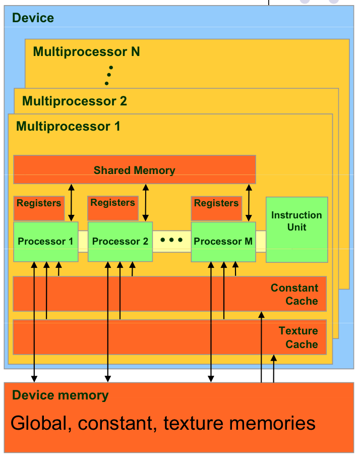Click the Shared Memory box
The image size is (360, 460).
(x=134, y=170)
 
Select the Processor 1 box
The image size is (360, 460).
(x=45, y=242)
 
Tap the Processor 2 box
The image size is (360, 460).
(x=120, y=242)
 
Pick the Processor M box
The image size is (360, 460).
(x=223, y=242)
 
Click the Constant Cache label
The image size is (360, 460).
(x=294, y=295)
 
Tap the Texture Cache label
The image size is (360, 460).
(x=298, y=337)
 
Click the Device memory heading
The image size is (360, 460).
(x=60, y=395)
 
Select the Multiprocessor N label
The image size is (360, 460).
(x=86, y=52)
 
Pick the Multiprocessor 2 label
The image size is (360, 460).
(x=75, y=101)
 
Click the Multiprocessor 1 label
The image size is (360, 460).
(x=68, y=126)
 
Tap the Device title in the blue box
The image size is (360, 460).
(x=33, y=19)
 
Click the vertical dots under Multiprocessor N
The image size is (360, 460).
(x=108, y=75)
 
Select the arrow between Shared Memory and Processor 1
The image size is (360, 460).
(x=72, y=202)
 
